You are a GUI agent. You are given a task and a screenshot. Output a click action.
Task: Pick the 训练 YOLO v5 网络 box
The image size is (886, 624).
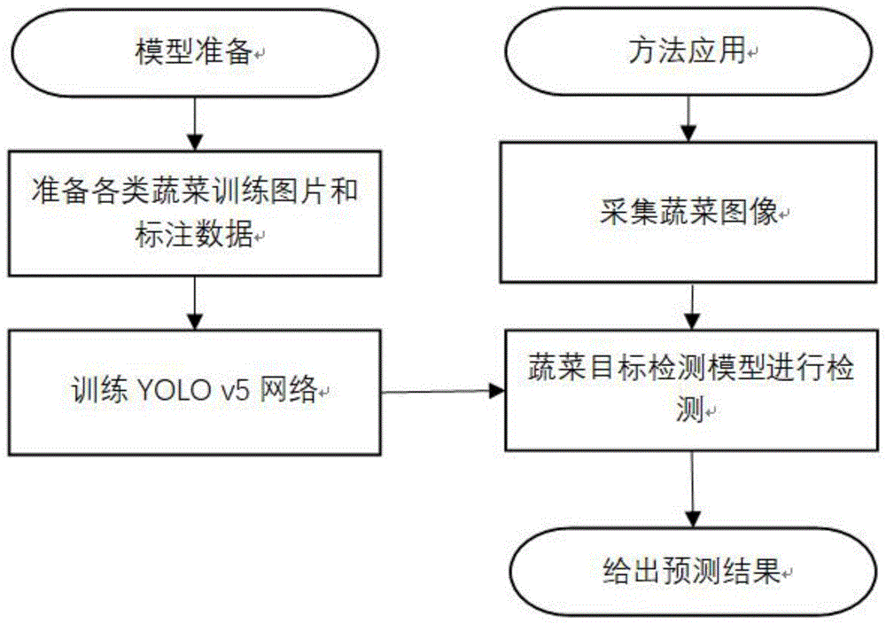coord(195,391)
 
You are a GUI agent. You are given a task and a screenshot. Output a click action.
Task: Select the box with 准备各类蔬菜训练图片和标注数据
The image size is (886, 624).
coord(195,214)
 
